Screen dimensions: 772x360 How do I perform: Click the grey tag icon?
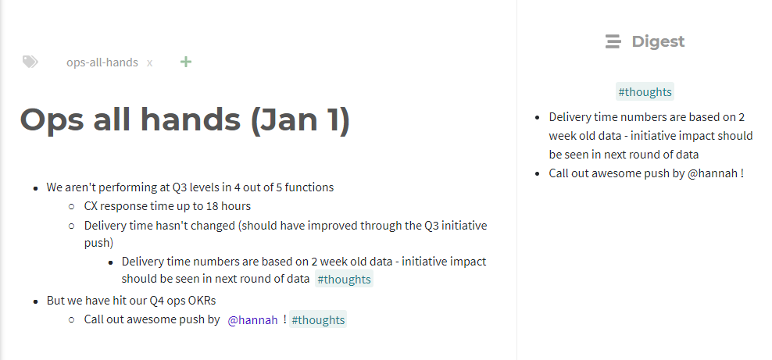(30, 62)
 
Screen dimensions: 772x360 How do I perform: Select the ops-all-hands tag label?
(102, 62)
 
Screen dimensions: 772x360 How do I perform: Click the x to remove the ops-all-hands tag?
(150, 63)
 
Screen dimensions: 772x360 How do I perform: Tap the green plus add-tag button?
(186, 62)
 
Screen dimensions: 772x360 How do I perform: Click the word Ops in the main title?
(52, 120)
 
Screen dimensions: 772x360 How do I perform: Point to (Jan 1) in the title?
(300, 119)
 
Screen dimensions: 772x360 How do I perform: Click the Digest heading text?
(658, 41)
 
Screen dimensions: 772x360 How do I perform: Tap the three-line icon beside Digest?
(613, 41)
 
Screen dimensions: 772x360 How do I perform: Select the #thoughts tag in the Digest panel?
(645, 92)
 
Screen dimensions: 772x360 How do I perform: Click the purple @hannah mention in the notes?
(252, 319)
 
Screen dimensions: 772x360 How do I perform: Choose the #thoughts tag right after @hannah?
(318, 319)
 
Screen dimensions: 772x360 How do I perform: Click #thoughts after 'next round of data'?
(344, 279)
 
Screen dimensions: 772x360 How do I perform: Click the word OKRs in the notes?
(202, 300)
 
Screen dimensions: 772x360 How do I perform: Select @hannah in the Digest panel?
(713, 173)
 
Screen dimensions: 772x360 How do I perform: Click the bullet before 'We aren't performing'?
(35, 188)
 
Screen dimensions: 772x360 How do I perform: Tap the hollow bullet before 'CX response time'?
(72, 207)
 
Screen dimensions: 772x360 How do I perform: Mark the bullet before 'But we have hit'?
(35, 301)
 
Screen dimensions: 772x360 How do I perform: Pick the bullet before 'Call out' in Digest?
(538, 173)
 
